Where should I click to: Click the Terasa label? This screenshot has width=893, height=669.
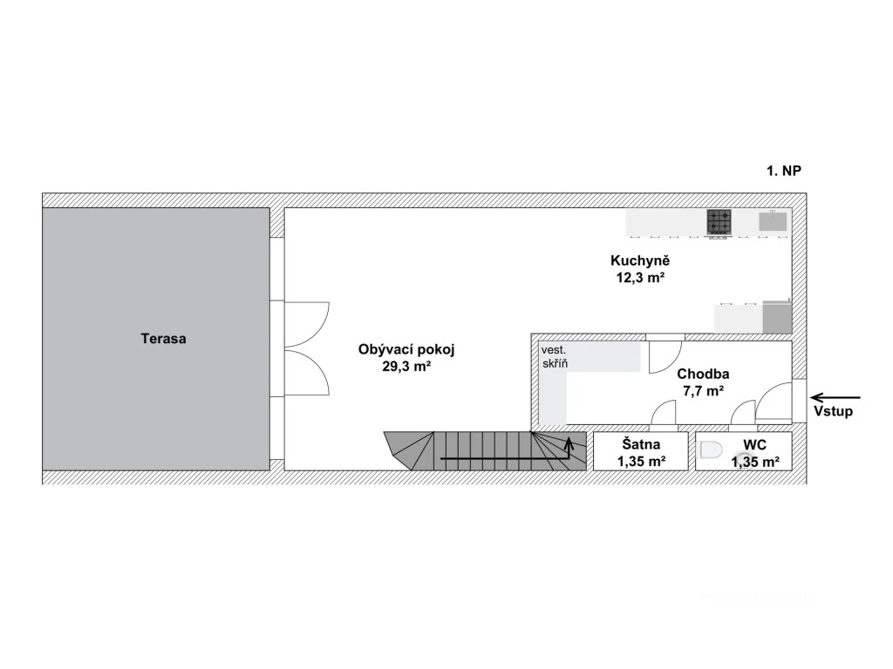pos(163,339)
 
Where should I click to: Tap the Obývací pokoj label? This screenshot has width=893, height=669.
pos(406,349)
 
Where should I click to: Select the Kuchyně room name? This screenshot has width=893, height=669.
pos(640,260)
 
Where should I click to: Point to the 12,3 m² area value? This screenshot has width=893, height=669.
pos(641,278)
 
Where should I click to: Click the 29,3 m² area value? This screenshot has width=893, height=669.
pos(406,367)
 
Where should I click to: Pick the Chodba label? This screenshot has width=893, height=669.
pos(703,374)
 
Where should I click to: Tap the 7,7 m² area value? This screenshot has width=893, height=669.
pos(703,391)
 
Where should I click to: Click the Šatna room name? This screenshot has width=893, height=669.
pos(641,444)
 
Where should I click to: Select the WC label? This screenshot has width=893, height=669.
pos(754,445)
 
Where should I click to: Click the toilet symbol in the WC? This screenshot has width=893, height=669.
pos(710,450)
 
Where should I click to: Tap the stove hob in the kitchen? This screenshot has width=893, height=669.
pos(719,222)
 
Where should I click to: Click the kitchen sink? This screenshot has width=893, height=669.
pos(773,221)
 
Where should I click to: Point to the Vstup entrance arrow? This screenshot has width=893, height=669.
pos(835,397)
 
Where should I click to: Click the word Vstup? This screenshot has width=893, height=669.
pos(833,411)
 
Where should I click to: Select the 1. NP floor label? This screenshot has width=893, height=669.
pos(784,171)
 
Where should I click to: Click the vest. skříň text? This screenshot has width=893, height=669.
pos(554,356)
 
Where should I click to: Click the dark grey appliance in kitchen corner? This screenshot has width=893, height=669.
pos(777,317)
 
